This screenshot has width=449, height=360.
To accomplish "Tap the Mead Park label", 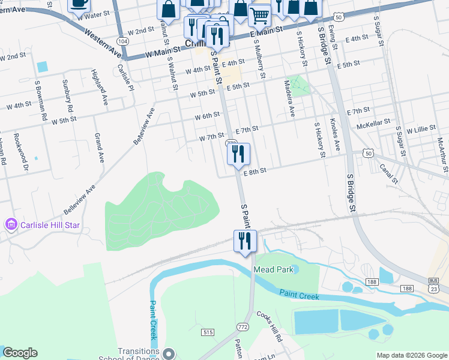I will [x=273, y=269].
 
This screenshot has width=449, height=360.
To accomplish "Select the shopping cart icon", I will [x=259, y=14].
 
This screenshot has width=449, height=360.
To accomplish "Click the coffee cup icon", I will [x=78, y=3].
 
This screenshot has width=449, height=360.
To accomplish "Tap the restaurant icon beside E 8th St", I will [x=238, y=154].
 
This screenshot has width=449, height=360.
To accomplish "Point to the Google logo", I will [x=20, y=353].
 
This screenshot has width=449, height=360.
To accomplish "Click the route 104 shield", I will [x=122, y=41].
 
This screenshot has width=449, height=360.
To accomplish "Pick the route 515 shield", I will [x=208, y=332].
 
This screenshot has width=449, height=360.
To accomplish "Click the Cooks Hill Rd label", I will [x=270, y=326].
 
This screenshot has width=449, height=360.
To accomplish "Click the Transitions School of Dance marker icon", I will [x=169, y=353].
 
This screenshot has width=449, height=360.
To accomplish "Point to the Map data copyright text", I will [x=411, y=355].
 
